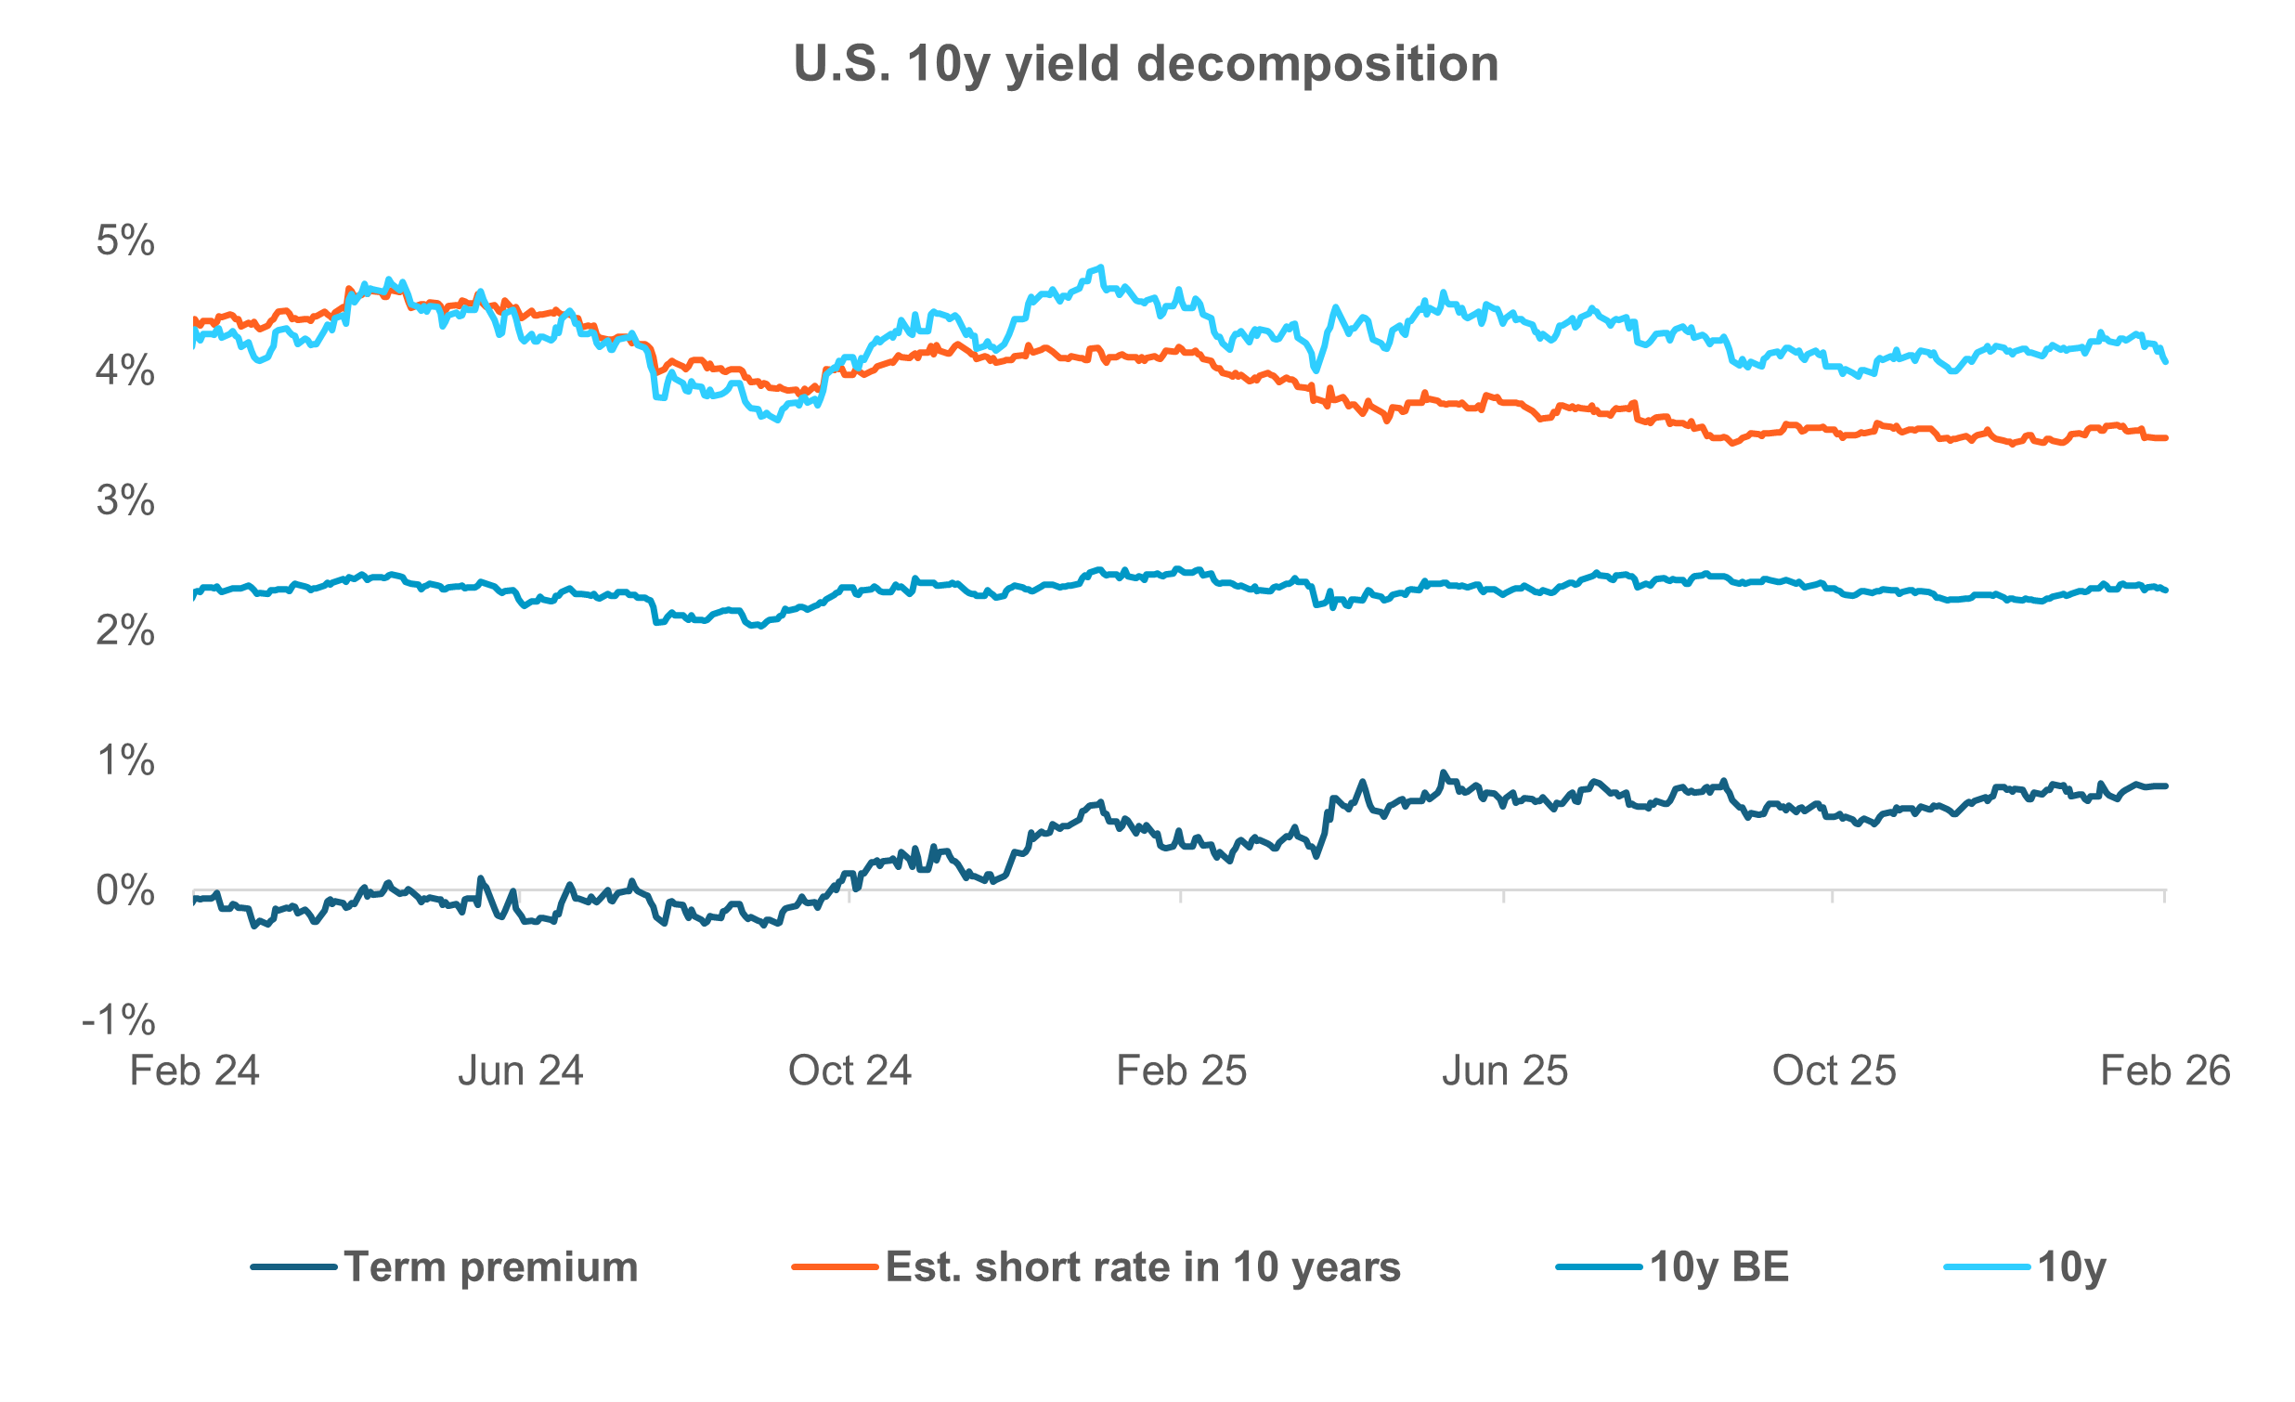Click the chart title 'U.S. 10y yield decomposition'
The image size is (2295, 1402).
(x=1146, y=64)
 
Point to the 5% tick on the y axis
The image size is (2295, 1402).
(x=124, y=241)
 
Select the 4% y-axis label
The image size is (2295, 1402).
(x=124, y=371)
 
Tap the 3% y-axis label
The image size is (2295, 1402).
(x=124, y=501)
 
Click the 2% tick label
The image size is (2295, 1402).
(x=124, y=631)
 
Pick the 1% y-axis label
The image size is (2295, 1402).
(x=124, y=761)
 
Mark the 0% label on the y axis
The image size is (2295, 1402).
(x=124, y=891)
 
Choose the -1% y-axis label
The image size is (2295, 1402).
(x=118, y=1021)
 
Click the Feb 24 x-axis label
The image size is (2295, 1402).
(x=194, y=1071)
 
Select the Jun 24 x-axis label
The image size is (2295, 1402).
(x=520, y=1071)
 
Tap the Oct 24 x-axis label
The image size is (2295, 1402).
(x=849, y=1071)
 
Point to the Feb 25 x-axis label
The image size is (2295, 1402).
(x=1181, y=1071)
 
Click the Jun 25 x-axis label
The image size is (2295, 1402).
(x=1505, y=1071)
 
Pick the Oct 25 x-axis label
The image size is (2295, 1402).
(x=1834, y=1071)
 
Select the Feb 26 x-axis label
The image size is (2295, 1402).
(x=2165, y=1071)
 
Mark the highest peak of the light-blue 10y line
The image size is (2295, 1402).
(x=1102, y=267)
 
